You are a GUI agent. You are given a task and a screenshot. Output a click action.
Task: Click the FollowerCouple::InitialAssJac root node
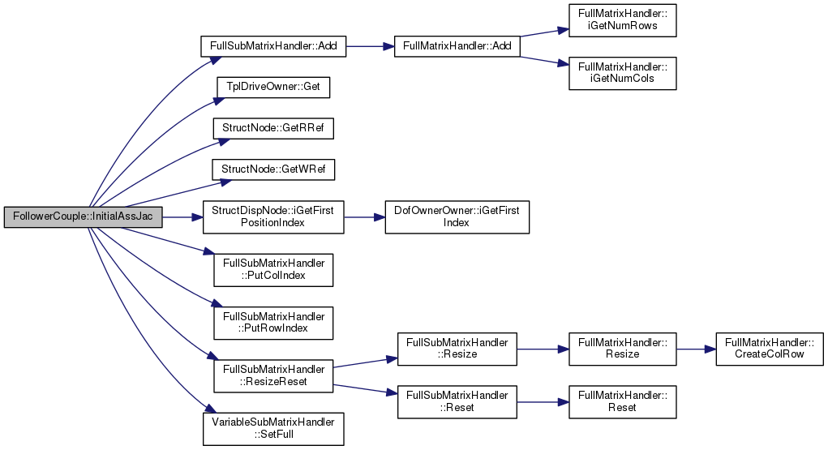click(x=83, y=217)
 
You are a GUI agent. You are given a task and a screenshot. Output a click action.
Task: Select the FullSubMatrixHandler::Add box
click(x=273, y=46)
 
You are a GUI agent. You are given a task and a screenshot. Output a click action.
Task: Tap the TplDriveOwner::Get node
click(x=273, y=87)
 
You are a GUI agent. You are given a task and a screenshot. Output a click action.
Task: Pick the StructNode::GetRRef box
click(x=273, y=128)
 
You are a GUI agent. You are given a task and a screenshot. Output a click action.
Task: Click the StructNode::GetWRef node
click(x=273, y=169)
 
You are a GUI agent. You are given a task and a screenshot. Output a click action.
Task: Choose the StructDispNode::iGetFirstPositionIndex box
click(x=273, y=217)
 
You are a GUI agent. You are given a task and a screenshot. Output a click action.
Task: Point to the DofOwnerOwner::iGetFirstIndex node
click(x=457, y=217)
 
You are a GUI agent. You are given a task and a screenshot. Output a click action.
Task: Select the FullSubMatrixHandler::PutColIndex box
click(x=273, y=270)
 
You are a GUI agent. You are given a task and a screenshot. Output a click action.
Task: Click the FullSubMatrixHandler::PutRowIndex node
click(x=273, y=323)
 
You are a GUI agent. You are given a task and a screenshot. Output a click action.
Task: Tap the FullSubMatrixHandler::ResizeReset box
click(x=273, y=375)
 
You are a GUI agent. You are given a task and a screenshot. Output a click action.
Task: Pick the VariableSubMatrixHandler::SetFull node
click(x=273, y=429)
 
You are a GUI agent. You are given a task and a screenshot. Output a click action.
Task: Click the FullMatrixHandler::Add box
click(x=457, y=46)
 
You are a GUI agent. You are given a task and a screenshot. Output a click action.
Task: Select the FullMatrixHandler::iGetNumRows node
click(x=623, y=20)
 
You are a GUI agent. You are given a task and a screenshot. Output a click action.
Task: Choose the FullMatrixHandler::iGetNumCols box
click(x=623, y=74)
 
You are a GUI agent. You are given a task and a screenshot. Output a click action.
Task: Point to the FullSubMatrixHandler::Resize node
click(x=457, y=349)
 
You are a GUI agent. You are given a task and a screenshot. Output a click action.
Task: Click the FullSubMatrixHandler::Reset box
click(x=457, y=402)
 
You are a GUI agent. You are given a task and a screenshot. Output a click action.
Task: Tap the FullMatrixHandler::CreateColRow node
click(x=770, y=349)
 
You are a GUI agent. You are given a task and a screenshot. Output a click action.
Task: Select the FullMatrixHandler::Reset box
click(x=623, y=402)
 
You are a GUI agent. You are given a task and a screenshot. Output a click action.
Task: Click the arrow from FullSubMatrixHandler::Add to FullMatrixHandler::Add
click(x=370, y=46)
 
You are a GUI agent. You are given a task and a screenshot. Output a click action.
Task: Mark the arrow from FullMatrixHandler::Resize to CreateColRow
click(x=696, y=349)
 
